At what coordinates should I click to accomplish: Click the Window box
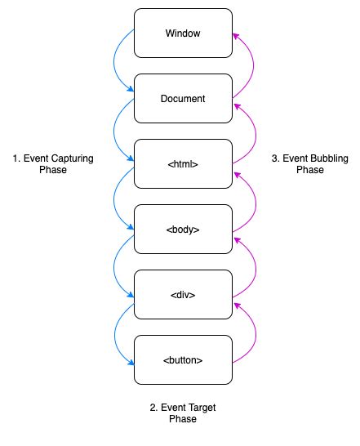click(183, 33)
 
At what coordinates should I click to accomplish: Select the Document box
click(183, 99)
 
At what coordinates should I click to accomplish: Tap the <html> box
click(183, 164)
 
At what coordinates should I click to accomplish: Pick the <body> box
click(183, 230)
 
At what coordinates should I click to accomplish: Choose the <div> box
click(183, 295)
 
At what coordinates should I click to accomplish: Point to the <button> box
click(183, 360)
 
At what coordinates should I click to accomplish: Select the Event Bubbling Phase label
click(309, 164)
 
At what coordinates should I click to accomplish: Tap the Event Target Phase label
click(183, 413)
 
